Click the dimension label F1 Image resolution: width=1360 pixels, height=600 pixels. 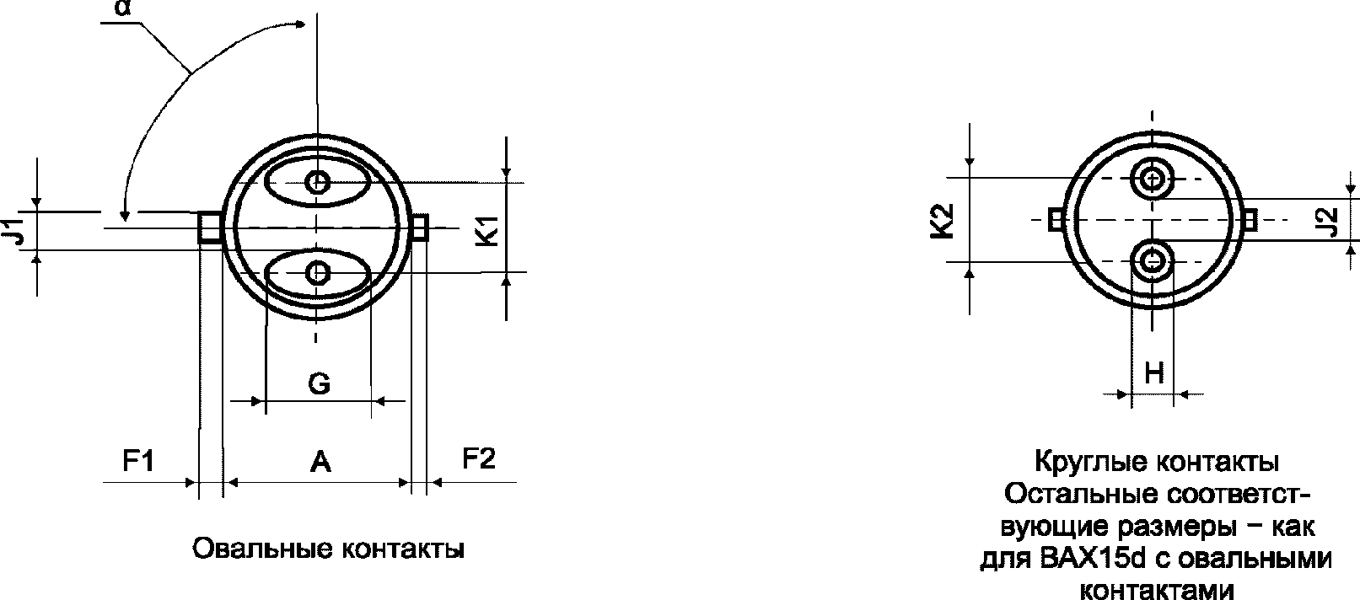138,460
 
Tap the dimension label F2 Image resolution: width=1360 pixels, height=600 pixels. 478,458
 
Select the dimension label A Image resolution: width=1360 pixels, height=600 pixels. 320,463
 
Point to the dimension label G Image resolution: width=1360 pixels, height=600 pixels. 320,383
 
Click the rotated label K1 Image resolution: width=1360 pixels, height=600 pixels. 488,231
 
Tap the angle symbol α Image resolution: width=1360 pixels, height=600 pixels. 123,8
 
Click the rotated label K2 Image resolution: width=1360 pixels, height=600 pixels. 943,222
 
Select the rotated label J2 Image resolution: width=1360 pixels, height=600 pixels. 1330,222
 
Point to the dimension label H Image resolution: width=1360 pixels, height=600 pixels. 1153,373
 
